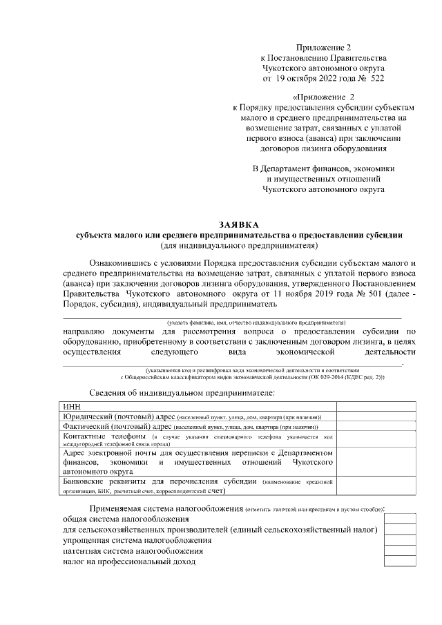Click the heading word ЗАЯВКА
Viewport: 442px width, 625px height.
tap(239, 224)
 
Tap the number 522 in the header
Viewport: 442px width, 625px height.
tap(376, 79)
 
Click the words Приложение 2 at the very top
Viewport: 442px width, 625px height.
tap(324, 48)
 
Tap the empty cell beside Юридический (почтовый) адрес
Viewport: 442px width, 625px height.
tap(376, 417)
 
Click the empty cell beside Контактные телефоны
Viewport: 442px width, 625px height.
tap(376, 440)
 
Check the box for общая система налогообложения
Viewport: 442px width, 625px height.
tap(400, 519)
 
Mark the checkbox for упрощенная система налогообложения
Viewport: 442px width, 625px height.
tap(400, 540)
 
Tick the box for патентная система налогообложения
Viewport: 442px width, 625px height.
tap(400, 551)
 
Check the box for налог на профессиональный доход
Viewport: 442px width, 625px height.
tap(400, 562)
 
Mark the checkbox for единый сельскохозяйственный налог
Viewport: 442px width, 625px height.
tap(400, 529)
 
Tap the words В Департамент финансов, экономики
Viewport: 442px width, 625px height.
tap(324, 169)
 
